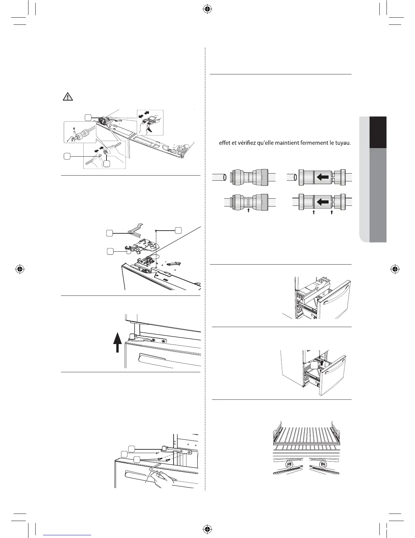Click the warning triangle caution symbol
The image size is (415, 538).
click(68, 97)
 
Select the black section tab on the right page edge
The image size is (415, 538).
click(378, 132)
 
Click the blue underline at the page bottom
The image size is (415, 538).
click(68, 535)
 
